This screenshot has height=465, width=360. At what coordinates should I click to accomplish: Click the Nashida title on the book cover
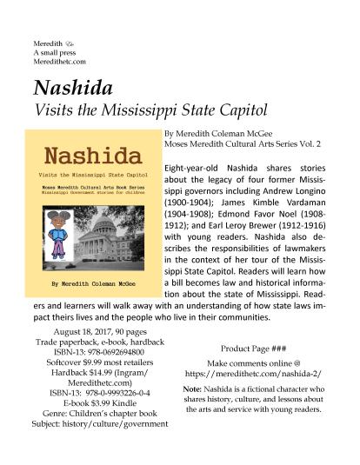click(x=91, y=159)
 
